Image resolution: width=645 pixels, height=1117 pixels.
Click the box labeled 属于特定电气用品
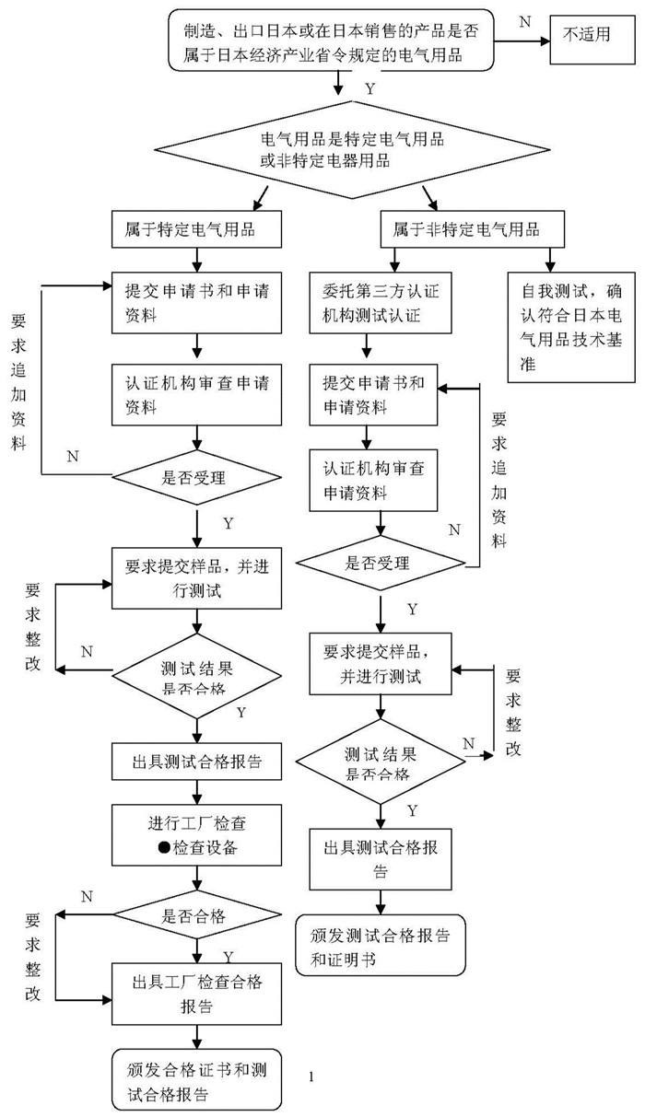click(196, 228)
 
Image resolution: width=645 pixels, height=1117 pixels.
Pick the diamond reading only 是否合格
click(194, 917)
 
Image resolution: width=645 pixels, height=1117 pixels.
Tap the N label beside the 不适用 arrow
click(524, 20)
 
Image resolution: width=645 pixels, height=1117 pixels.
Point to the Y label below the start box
click(369, 89)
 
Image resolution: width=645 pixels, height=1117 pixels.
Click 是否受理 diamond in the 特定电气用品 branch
click(194, 476)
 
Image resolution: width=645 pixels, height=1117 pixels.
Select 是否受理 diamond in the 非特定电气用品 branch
click(379, 563)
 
